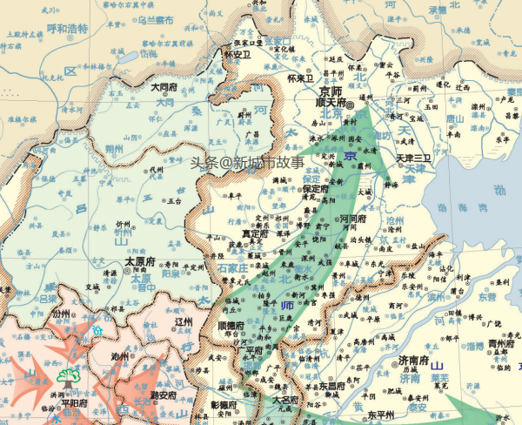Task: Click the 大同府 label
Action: coord(164,87)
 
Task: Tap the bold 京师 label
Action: coord(331,91)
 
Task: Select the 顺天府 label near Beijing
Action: coord(330,102)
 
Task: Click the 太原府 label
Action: coord(140,260)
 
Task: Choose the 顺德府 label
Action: coord(230,327)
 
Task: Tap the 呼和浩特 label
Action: coord(68,28)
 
